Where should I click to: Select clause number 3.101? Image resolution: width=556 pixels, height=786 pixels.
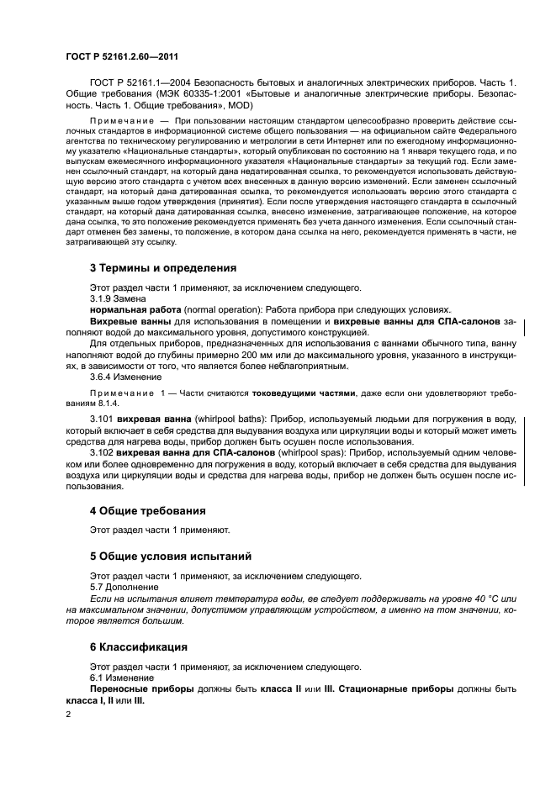(102, 418)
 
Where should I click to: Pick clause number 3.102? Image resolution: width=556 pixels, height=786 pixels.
(102, 452)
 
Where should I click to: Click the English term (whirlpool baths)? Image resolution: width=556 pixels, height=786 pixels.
(213, 418)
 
